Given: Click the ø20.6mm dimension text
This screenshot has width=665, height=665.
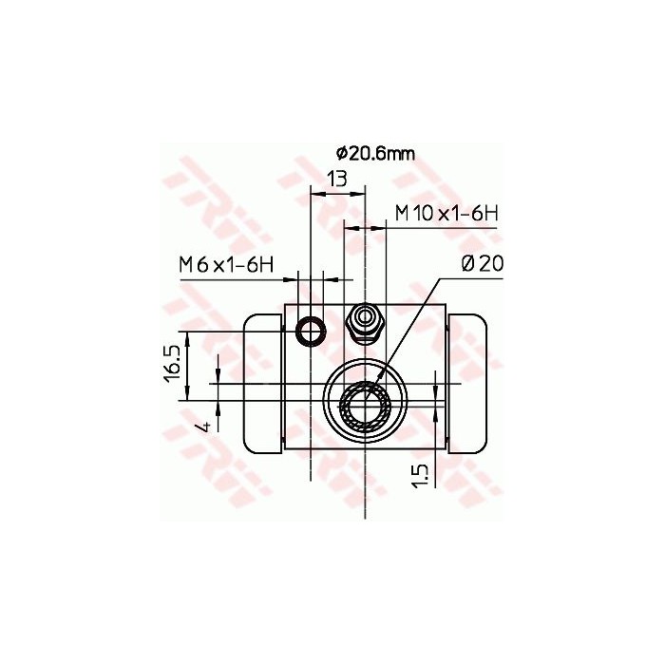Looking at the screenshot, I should click(x=375, y=153).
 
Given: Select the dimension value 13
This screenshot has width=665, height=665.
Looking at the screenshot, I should click(x=336, y=178).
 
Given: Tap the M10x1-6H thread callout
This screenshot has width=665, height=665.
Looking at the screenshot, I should click(x=446, y=214).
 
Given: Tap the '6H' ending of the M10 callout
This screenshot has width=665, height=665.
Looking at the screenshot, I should click(x=484, y=214).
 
